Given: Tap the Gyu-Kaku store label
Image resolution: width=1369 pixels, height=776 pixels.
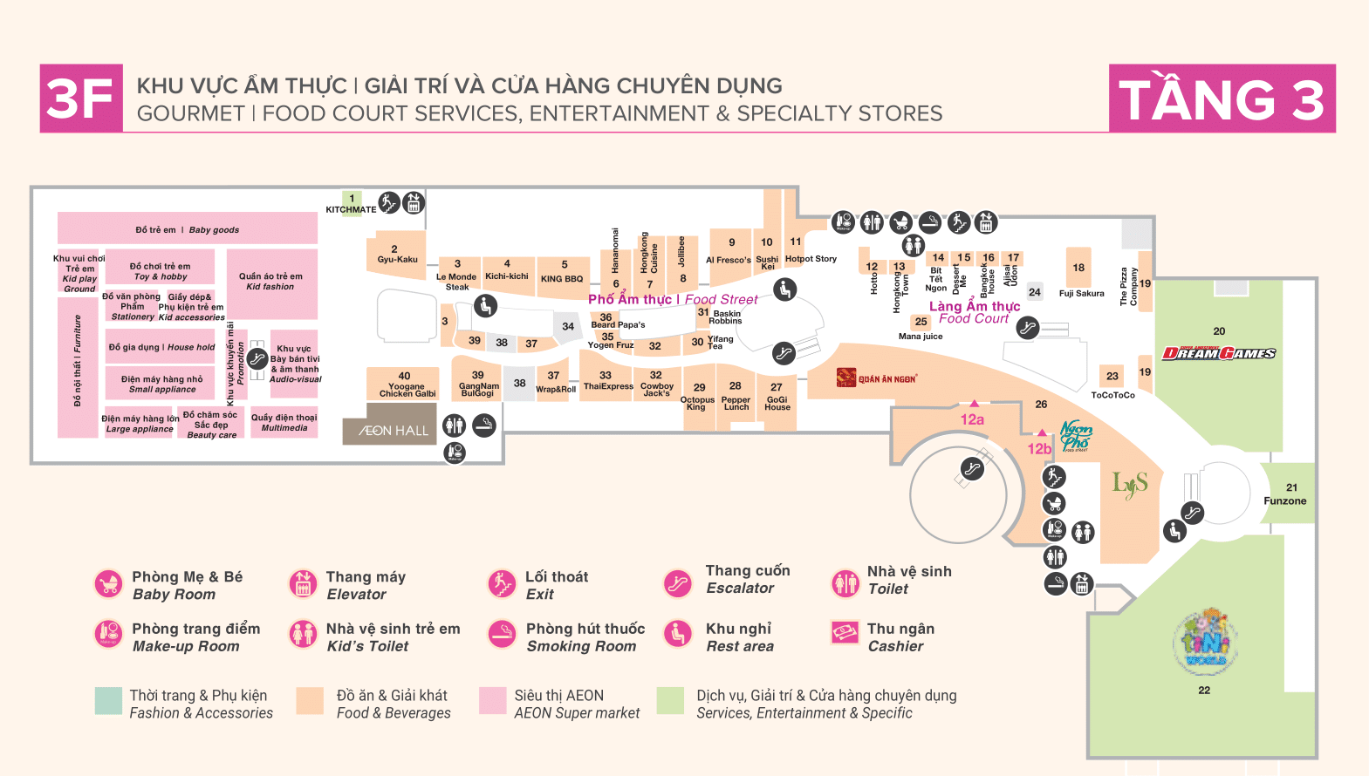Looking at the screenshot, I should [397, 259].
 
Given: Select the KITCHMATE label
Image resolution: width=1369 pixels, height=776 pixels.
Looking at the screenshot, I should [351, 209].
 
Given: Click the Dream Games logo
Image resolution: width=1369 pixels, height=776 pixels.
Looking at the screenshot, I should [1219, 353].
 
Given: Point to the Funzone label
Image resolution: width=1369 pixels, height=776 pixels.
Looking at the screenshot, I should [1285, 500].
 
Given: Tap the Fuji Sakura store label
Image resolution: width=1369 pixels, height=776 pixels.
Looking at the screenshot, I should [1081, 293].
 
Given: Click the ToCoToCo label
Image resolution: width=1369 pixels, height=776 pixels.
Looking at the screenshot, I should [1112, 395].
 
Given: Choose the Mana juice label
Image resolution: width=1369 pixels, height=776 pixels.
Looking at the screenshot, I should [921, 336].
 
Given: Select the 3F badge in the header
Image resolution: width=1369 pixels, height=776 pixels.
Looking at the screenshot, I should [81, 99].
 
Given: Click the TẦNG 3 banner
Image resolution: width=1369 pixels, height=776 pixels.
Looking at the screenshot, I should [1222, 99].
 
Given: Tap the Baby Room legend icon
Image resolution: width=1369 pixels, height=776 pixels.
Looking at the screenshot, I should [109, 584].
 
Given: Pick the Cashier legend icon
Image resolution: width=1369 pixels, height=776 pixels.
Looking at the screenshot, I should [845, 633].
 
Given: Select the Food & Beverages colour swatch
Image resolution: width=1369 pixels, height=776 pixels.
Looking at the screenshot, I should [310, 701].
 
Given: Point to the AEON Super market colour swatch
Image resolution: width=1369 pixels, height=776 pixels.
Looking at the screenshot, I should [493, 701].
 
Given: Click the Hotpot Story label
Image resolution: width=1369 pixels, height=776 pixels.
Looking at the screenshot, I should [811, 258].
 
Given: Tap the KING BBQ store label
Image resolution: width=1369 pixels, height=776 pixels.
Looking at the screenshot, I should [562, 279].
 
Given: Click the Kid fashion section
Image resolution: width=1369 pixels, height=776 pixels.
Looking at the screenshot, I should [271, 282].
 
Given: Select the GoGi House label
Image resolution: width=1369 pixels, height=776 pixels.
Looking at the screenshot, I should [777, 403].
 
